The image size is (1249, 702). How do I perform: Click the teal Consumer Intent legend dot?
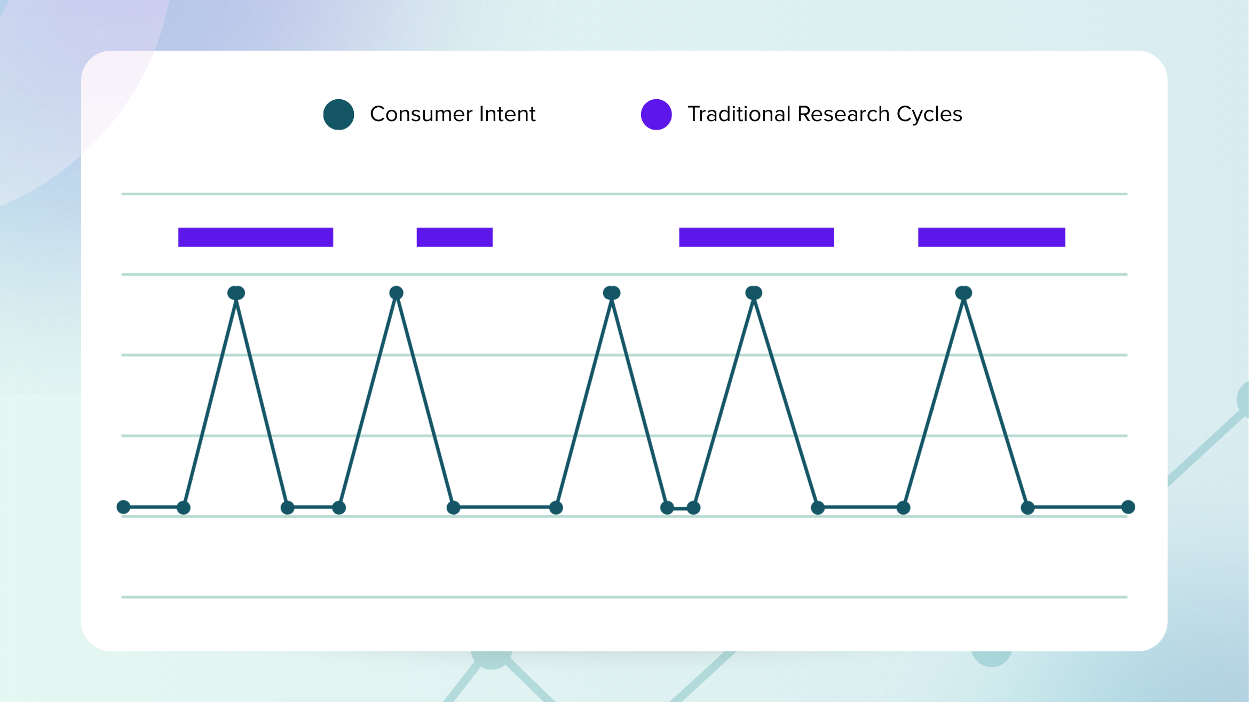click(x=339, y=114)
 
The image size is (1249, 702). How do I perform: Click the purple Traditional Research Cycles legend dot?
click(x=657, y=114)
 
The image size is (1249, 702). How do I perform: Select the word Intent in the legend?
click(x=508, y=114)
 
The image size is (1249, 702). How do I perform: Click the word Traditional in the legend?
click(x=739, y=114)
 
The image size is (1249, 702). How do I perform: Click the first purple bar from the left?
click(x=256, y=237)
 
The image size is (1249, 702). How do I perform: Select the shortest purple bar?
click(x=455, y=237)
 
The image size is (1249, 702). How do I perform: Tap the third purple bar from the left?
click(x=756, y=237)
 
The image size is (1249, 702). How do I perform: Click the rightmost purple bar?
click(x=992, y=237)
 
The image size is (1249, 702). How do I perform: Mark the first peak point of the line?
click(x=236, y=293)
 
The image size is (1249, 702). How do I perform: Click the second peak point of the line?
click(x=397, y=293)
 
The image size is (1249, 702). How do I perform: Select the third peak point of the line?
click(x=612, y=293)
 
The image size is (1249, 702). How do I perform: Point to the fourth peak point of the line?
click(x=754, y=293)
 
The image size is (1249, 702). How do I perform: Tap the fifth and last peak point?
click(x=964, y=293)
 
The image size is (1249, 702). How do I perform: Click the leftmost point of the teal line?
click(x=123, y=507)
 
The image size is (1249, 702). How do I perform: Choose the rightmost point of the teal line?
click(x=1128, y=507)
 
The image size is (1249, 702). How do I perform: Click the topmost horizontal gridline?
click(x=624, y=194)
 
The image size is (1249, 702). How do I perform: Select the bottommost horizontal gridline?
click(x=624, y=597)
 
